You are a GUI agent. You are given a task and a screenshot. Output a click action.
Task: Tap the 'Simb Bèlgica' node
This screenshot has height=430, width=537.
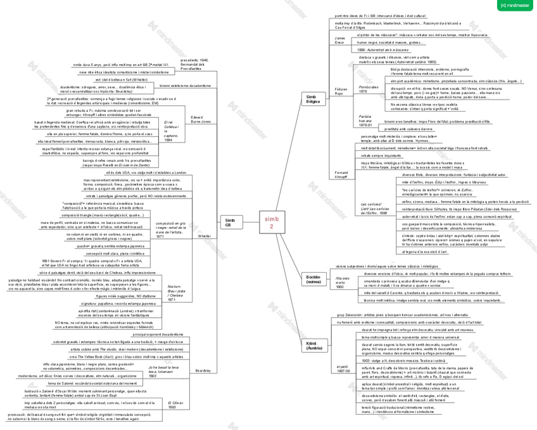click(313, 98)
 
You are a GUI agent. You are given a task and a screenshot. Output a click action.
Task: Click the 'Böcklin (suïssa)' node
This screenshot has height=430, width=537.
click(313, 278)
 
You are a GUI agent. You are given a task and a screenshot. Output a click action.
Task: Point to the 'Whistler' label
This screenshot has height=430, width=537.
click(204, 235)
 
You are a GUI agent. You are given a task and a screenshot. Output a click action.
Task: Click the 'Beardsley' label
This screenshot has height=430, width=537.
click(203, 370)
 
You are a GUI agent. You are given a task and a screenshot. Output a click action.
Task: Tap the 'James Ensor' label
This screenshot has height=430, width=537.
click(341, 40)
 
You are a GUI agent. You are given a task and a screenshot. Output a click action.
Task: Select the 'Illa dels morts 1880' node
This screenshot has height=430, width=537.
click(343, 282)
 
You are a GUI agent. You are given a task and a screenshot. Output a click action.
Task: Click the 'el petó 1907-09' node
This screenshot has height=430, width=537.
click(343, 368)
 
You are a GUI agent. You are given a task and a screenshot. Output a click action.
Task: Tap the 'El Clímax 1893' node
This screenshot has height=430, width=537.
click(176, 405)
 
